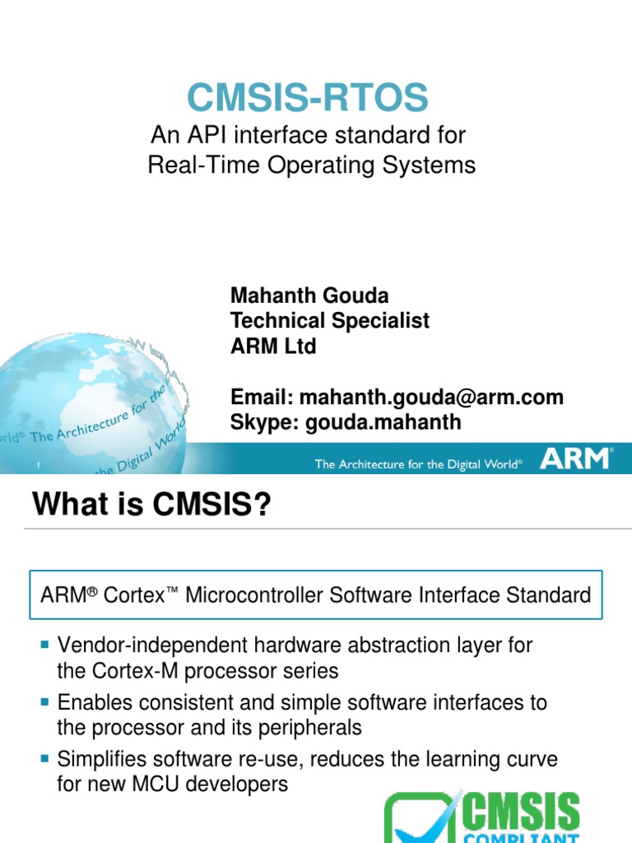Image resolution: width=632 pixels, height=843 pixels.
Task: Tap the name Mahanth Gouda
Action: [309, 295]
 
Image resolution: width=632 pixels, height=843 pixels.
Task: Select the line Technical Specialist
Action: [330, 320]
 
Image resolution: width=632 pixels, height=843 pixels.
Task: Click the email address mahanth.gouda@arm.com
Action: [431, 397]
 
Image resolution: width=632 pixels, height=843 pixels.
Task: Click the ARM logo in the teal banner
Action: [576, 459]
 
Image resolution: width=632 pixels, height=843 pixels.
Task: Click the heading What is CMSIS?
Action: [151, 504]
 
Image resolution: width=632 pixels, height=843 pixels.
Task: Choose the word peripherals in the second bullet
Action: [311, 728]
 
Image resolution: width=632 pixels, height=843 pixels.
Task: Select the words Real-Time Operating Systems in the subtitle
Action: [311, 165]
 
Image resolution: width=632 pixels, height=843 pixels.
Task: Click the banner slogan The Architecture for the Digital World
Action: [419, 465]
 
